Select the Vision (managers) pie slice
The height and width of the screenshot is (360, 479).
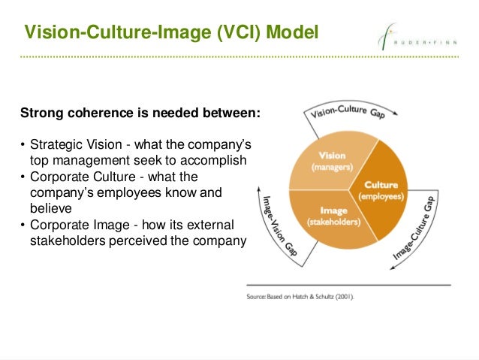click(327, 161)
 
